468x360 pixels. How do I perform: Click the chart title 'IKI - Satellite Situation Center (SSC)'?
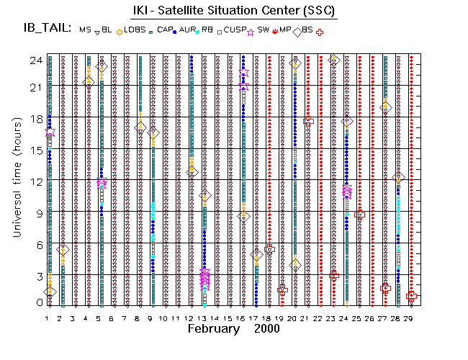233,11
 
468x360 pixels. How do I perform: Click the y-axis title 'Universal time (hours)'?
16,179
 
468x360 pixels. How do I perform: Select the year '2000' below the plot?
266,328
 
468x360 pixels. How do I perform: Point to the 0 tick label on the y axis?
37,302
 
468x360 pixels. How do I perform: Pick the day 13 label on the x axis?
204,318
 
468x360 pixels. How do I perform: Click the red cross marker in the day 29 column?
411,296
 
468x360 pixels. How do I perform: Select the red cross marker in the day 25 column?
360,215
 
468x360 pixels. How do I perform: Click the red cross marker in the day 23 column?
334,275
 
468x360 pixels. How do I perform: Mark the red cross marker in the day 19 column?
282,290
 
